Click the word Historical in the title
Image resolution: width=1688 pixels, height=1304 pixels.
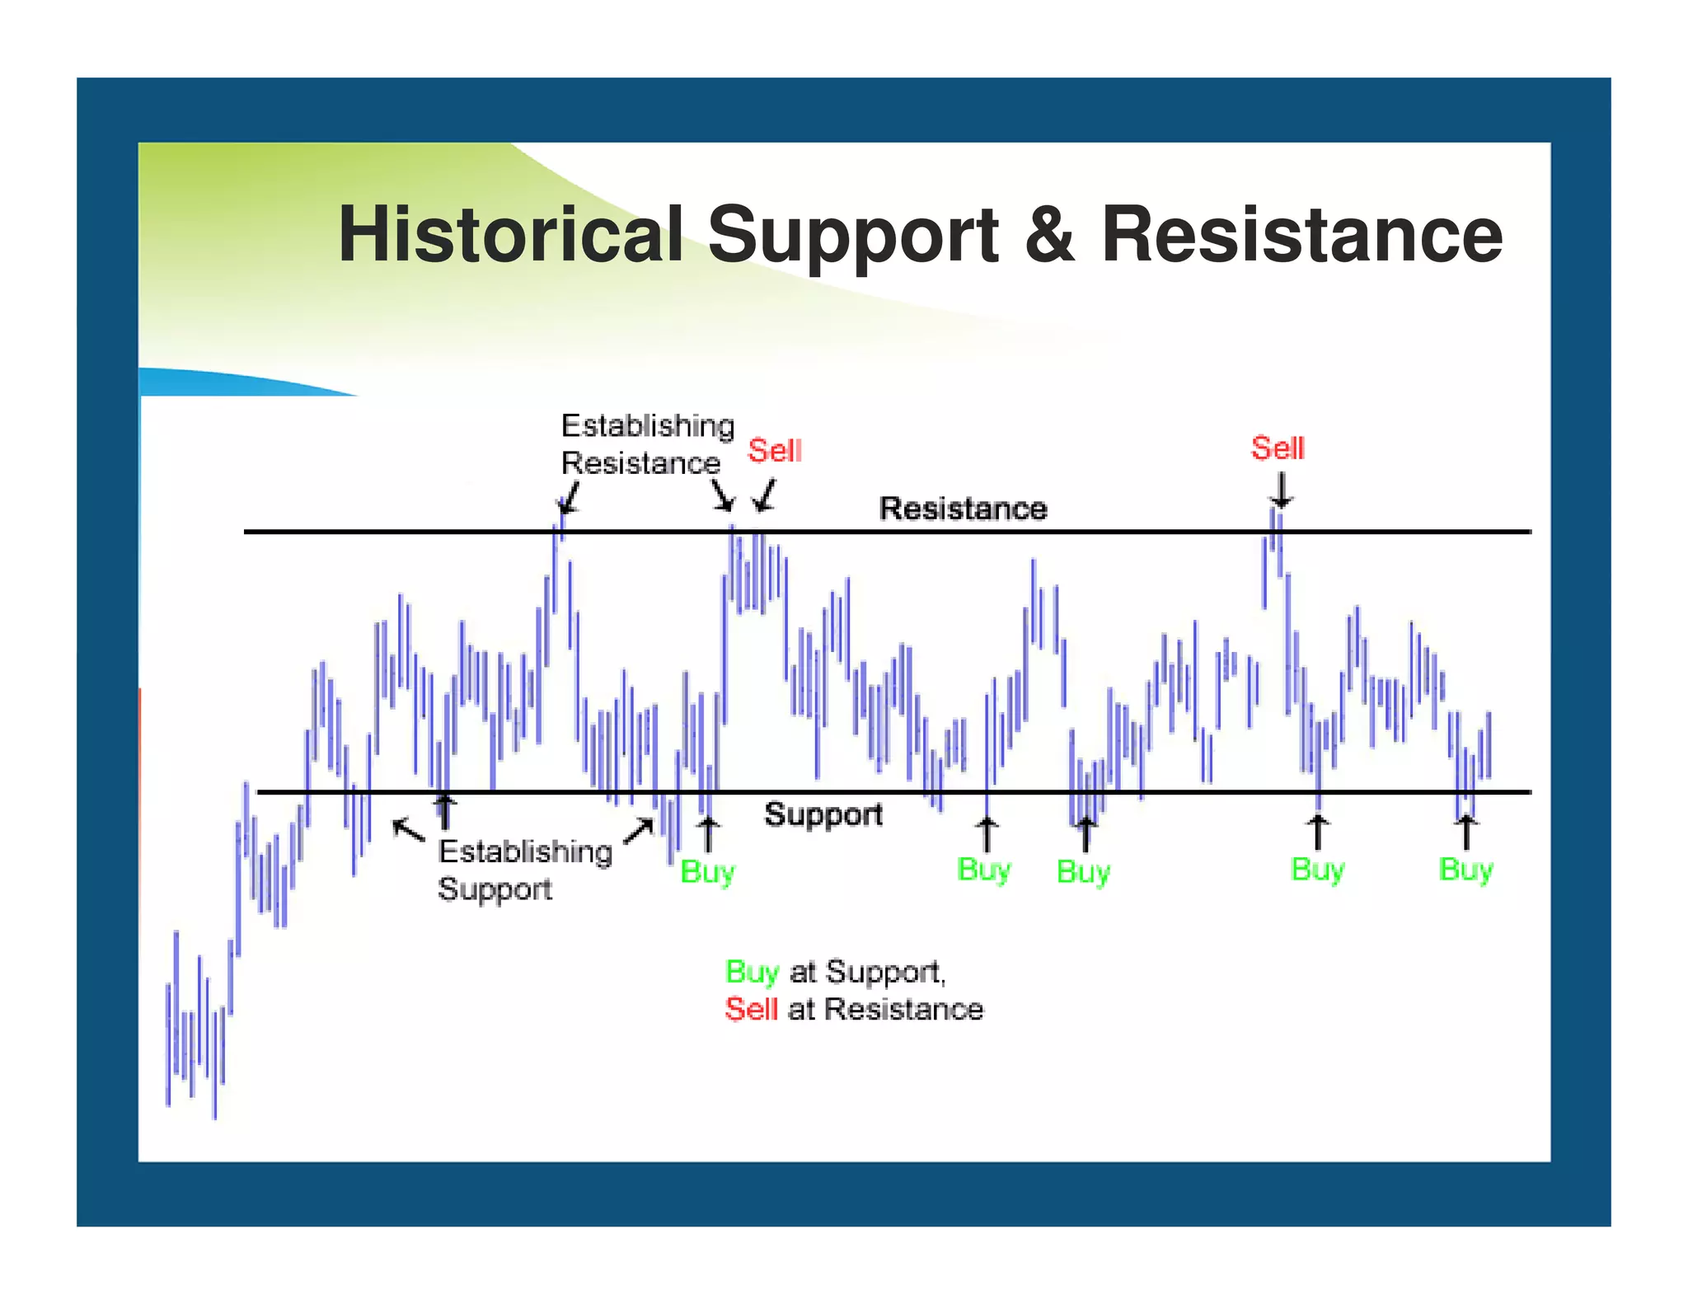coord(510,236)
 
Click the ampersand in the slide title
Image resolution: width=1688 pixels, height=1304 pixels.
coord(1049,236)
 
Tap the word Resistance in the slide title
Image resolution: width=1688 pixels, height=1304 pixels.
coord(1301,236)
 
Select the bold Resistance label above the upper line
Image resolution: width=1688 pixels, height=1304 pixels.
coord(963,509)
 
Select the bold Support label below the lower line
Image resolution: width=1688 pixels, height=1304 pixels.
coord(823,814)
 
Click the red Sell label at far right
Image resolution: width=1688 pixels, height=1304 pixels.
coord(1278,448)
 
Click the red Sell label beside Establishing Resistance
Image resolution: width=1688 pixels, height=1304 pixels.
coord(774,451)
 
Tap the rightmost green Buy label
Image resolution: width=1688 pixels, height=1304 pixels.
coord(1465,870)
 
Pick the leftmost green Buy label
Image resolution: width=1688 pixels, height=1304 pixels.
coord(707,872)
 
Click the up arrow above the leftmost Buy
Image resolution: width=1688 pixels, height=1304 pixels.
coord(708,833)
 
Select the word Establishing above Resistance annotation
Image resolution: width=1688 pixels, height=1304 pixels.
coord(647,426)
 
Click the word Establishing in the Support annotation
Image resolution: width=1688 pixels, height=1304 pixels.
coord(525,851)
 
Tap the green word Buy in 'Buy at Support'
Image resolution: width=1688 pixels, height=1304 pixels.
coord(751,973)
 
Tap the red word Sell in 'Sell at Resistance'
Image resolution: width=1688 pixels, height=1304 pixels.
coord(751,1010)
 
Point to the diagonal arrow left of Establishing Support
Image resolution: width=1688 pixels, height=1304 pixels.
coord(408,829)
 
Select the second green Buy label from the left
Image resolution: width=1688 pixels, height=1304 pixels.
coord(983,870)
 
